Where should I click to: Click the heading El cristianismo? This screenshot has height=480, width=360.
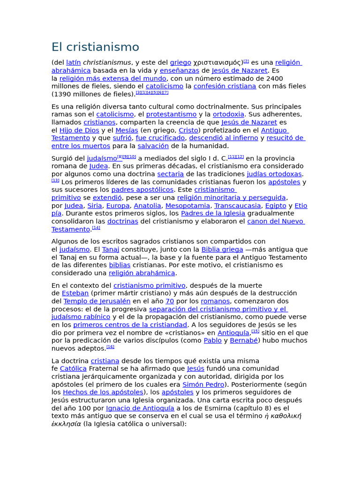tap(95, 47)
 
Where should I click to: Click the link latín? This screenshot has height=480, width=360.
tap(74, 62)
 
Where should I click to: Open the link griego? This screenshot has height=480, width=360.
tap(180, 62)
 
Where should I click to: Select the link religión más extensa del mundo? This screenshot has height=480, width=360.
tap(112, 78)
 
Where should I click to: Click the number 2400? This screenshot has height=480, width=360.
tap(274, 78)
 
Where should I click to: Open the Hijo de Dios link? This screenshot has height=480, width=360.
tap(79, 130)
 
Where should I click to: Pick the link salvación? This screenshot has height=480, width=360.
tap(153, 146)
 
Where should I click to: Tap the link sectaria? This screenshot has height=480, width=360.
tap(170, 174)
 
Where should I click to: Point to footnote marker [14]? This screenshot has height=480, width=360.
tap(96, 228)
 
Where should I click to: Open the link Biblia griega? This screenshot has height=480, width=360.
tap(222, 249)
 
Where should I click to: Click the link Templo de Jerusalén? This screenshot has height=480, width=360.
tap(97, 301)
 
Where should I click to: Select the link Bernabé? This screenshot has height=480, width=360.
tap(244, 341)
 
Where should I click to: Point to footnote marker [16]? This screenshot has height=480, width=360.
tap(110, 347)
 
